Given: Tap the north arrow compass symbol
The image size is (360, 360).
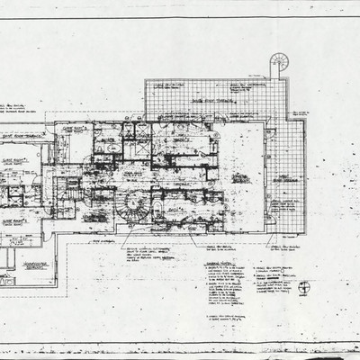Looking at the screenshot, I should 305,288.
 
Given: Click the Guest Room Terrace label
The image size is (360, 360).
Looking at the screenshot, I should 27,137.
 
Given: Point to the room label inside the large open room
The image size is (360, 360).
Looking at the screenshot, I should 240,177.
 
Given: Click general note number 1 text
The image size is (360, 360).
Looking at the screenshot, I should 225,274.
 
